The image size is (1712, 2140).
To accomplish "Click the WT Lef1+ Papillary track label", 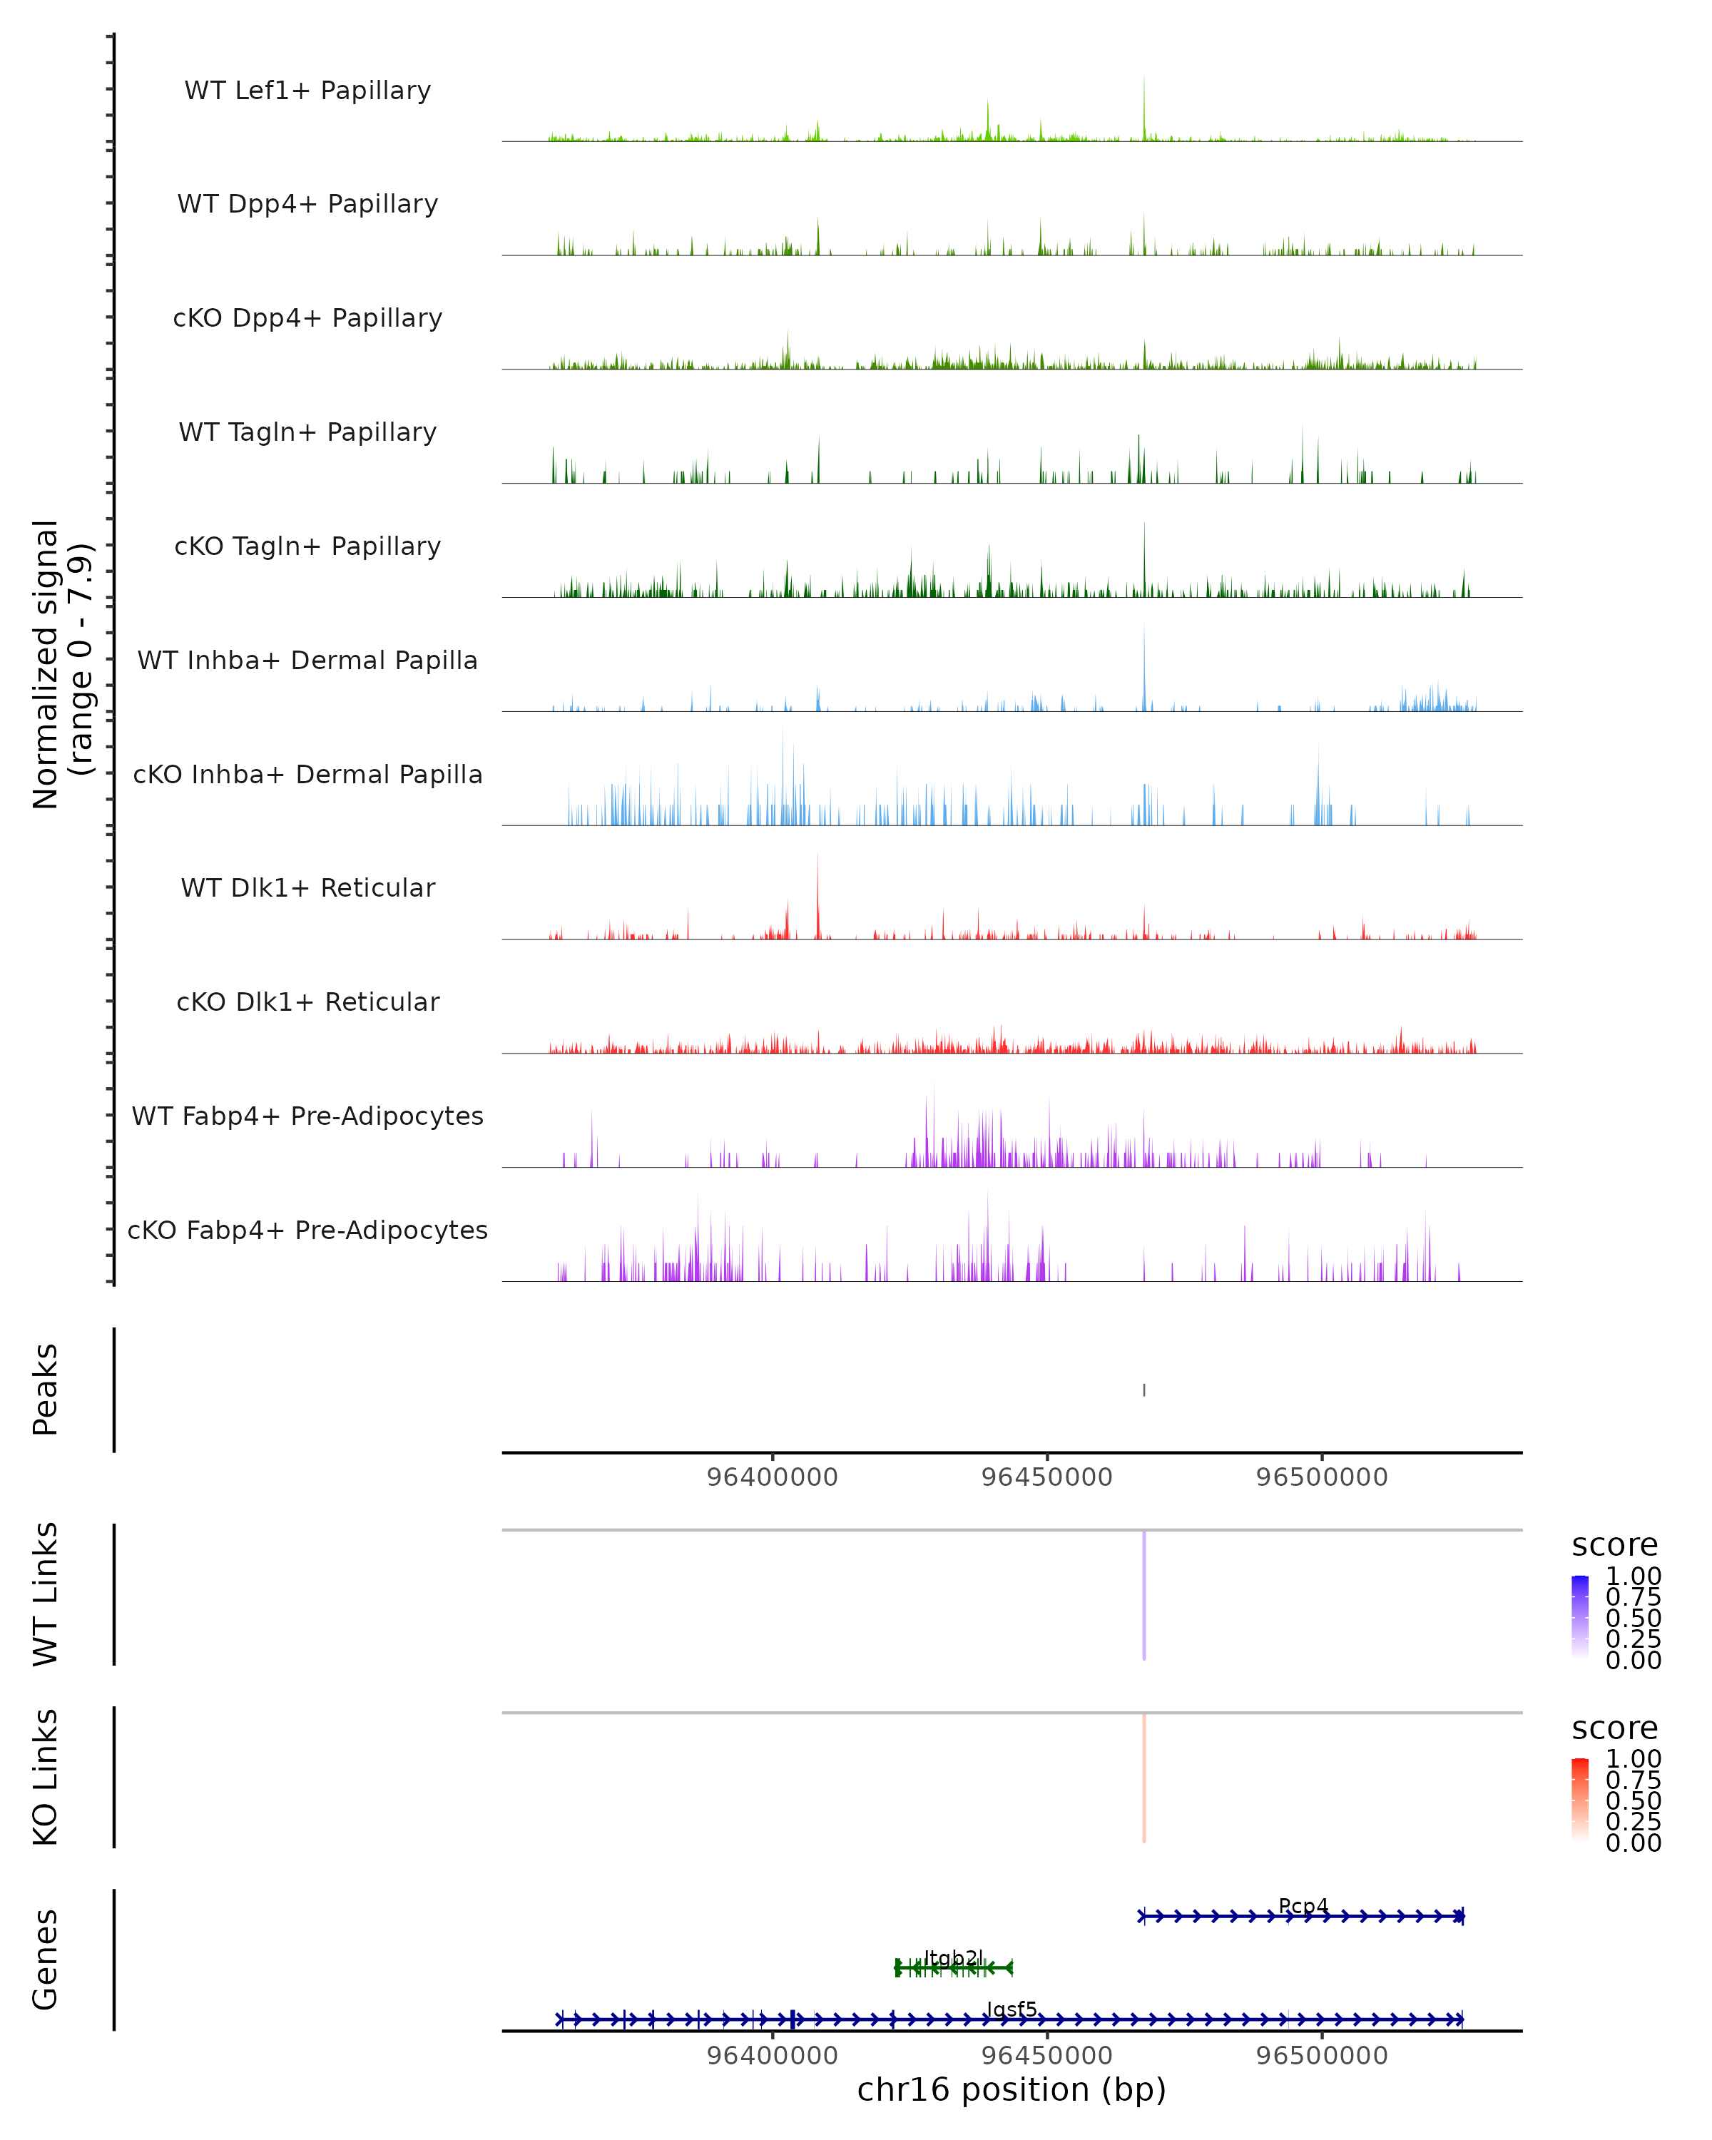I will point(307,91).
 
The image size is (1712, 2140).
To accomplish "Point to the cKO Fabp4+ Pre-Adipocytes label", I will point(307,1230).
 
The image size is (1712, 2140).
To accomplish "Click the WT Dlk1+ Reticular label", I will point(307,887).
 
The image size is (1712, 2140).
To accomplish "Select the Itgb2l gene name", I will point(953,1957).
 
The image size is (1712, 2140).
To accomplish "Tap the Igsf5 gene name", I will point(1012,2009).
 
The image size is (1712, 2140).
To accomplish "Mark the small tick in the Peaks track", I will point(1144,1390).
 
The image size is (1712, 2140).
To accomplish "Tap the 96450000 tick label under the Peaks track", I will point(1047,1477).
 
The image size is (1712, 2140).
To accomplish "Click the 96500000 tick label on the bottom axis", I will point(1322,2056).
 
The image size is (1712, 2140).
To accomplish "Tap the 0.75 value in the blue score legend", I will point(1634,1597).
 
